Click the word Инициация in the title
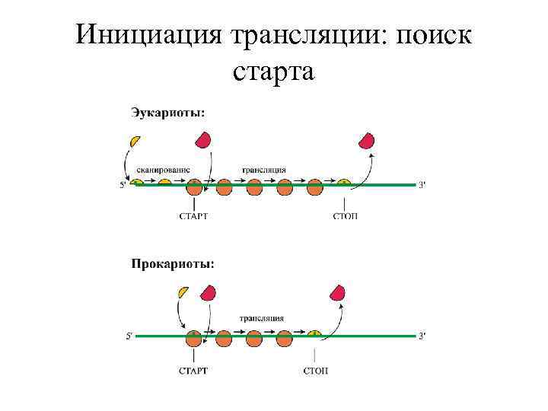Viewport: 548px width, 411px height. coord(148,36)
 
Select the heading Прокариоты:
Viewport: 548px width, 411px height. coord(172,264)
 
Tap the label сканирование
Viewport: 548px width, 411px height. coord(164,169)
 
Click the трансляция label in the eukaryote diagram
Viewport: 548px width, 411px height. coord(264,169)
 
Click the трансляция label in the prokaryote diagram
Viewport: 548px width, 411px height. coord(262,318)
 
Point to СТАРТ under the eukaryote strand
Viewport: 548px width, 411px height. coord(193,216)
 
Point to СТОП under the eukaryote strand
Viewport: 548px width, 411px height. coord(346,216)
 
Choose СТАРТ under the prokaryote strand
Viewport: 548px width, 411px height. coord(193,371)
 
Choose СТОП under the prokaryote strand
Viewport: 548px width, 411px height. coord(315,371)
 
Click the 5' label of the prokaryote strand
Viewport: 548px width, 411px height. coord(129,336)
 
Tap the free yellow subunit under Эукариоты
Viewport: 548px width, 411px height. coord(135,142)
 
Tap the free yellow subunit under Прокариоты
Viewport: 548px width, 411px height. coord(183,292)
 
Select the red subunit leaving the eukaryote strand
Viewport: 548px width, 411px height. coord(367,141)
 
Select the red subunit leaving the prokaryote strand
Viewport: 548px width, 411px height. coord(336,292)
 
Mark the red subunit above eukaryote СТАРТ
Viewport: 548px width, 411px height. coord(203,139)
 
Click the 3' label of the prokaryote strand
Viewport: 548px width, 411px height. coord(422,336)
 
